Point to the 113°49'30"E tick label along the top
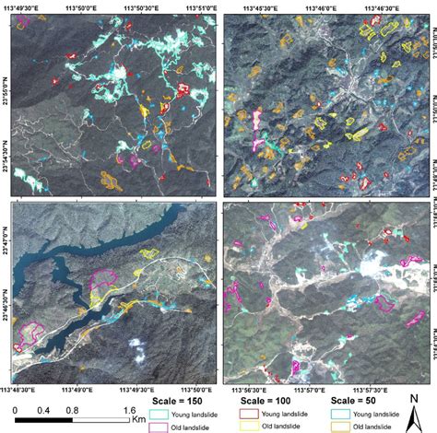[31, 6]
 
